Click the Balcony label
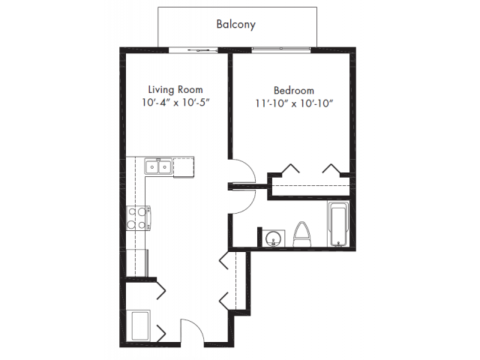tap(235, 24)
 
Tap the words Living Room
tap(175, 89)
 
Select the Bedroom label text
tap(294, 90)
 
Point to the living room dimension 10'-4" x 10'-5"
tap(175, 102)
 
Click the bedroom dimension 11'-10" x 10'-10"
tap(294, 103)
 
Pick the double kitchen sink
tap(158, 166)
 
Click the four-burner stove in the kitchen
tap(139, 218)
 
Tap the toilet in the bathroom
tap(302, 234)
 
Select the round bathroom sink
tap(272, 238)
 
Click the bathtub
tap(338, 223)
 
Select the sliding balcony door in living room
tap(193, 50)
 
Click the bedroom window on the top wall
tap(281, 49)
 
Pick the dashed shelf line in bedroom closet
tap(310, 185)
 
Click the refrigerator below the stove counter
tap(137, 263)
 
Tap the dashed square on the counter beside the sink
tap(183, 167)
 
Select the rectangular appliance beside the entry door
tap(138, 325)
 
